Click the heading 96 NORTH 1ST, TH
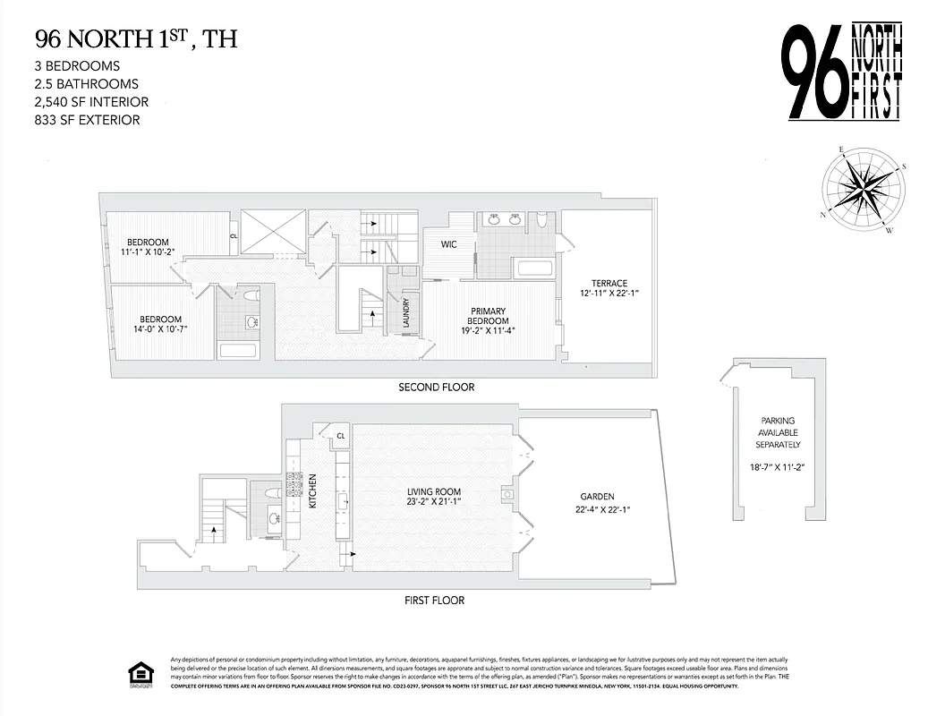(135, 39)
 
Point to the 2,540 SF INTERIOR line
(91, 101)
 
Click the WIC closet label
(449, 243)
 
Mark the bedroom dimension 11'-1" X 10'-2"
(148, 251)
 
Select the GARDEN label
(595, 497)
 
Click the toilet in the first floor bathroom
(272, 493)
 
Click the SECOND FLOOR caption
(436, 388)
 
